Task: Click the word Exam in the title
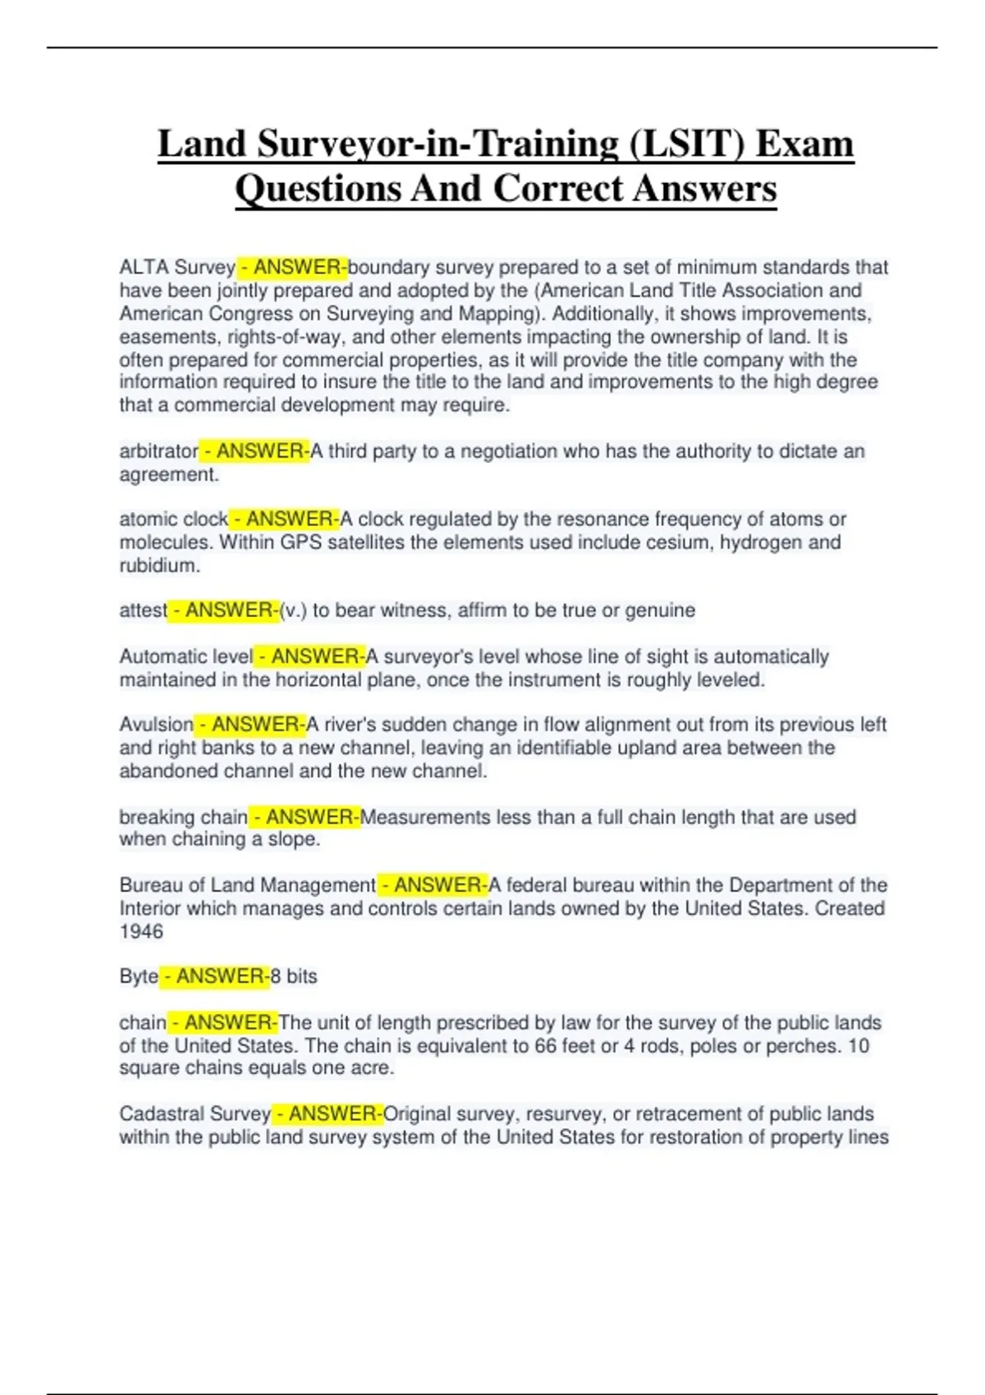(x=804, y=144)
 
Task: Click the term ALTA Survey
(x=177, y=268)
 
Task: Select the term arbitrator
(x=159, y=451)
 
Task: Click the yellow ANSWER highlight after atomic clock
(x=284, y=519)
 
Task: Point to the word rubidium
(x=159, y=565)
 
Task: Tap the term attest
(x=143, y=611)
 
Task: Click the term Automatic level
(x=186, y=656)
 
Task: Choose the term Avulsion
(x=156, y=725)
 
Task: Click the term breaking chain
(x=183, y=817)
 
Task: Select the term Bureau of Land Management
(x=247, y=885)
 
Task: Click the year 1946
(x=141, y=931)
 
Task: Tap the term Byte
(x=139, y=976)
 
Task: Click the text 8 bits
(x=294, y=976)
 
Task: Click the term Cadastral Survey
(x=195, y=1114)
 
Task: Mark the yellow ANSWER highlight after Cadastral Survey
(x=328, y=1114)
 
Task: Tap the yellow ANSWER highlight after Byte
(x=215, y=976)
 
